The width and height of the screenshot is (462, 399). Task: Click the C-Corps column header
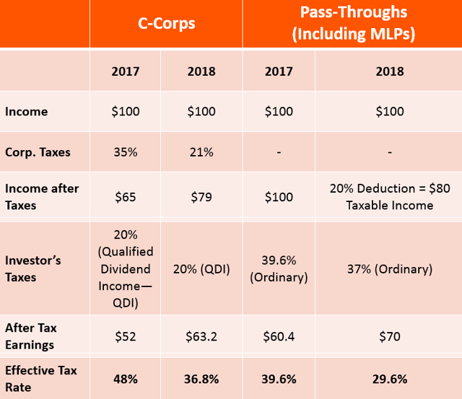(166, 23)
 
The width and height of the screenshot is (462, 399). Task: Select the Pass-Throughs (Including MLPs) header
(352, 23)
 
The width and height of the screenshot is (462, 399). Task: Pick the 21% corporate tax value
(201, 153)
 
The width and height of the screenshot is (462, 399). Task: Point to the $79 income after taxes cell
(201, 197)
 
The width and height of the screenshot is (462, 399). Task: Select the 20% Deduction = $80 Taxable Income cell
(389, 197)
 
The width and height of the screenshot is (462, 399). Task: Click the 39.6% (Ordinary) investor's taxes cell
(279, 269)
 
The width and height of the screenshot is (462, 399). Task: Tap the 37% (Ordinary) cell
(389, 269)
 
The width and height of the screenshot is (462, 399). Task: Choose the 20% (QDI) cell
(201, 269)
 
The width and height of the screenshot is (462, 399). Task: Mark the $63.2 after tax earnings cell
(201, 336)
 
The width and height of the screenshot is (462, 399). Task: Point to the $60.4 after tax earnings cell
(279, 336)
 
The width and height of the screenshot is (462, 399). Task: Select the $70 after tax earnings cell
(389, 336)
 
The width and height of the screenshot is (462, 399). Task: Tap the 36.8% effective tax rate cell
(201, 379)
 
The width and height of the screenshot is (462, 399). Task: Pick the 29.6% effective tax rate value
(389, 379)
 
